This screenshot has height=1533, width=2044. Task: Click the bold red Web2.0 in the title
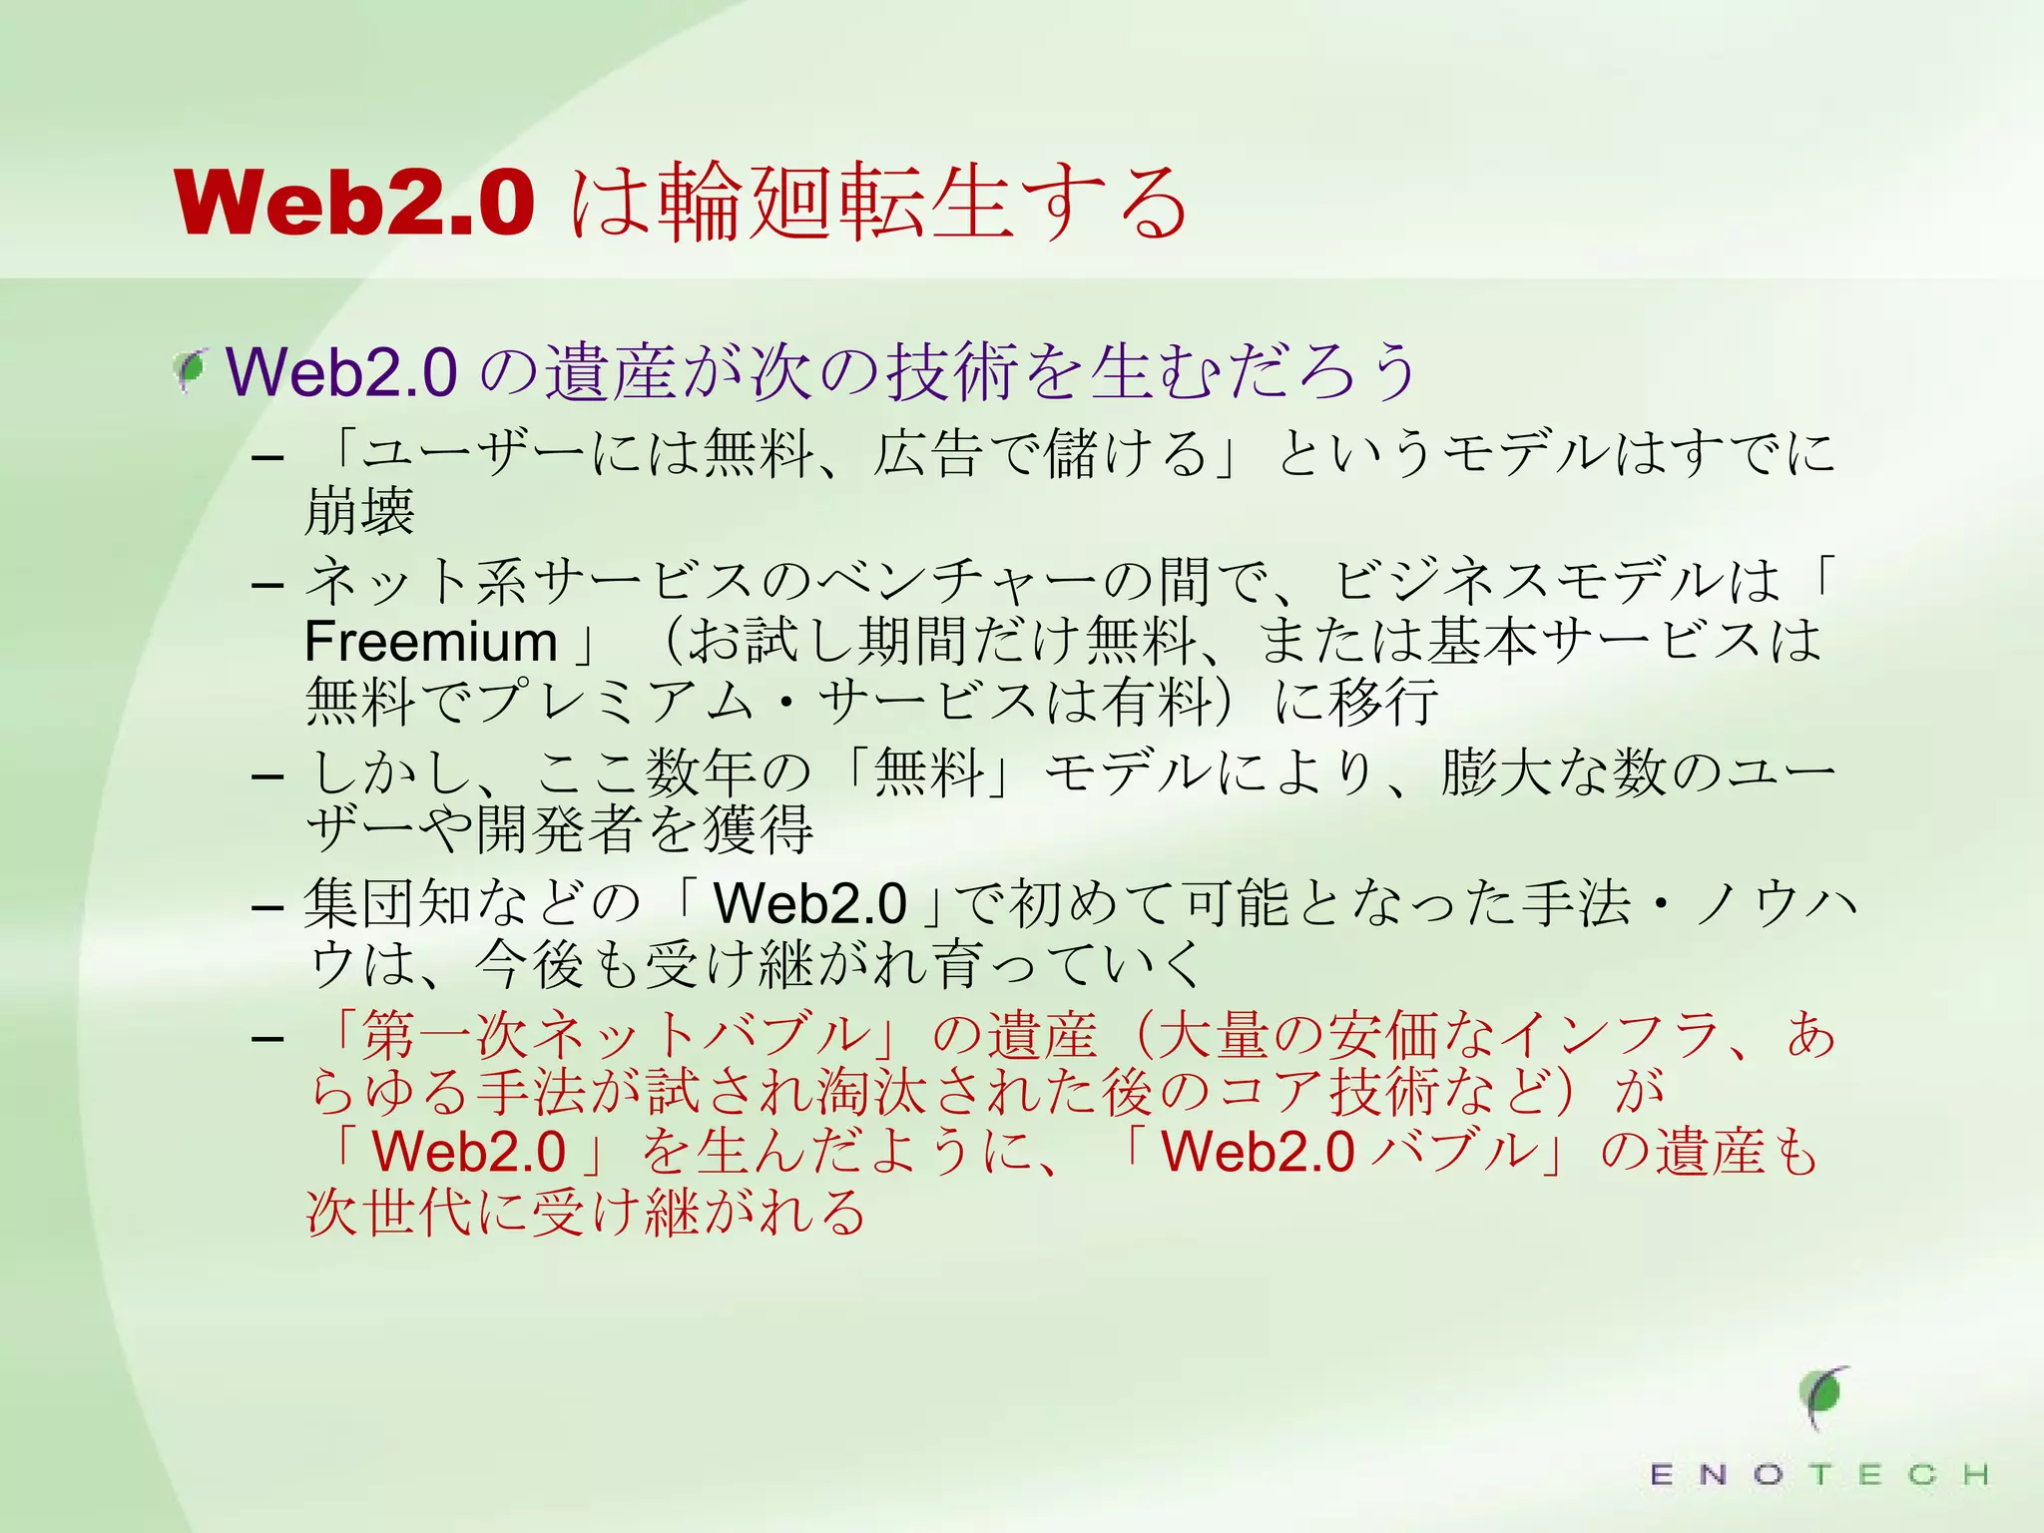click(x=354, y=203)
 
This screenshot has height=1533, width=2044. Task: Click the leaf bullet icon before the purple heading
click(x=190, y=371)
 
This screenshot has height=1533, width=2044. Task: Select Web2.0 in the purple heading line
click(x=342, y=372)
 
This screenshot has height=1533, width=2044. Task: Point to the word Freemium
click(x=430, y=641)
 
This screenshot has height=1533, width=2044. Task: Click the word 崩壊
click(x=360, y=512)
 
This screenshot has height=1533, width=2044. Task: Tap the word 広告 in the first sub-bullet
click(x=929, y=452)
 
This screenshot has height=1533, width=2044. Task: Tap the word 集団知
click(x=388, y=903)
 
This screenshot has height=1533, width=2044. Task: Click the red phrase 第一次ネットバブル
click(x=615, y=1034)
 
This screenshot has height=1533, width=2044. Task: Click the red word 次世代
click(x=388, y=1213)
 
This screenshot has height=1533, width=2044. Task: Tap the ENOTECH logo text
click(x=1818, y=1474)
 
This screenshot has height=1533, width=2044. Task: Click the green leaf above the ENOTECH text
click(x=1823, y=1394)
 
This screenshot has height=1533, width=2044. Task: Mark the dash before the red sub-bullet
click(x=267, y=1038)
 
